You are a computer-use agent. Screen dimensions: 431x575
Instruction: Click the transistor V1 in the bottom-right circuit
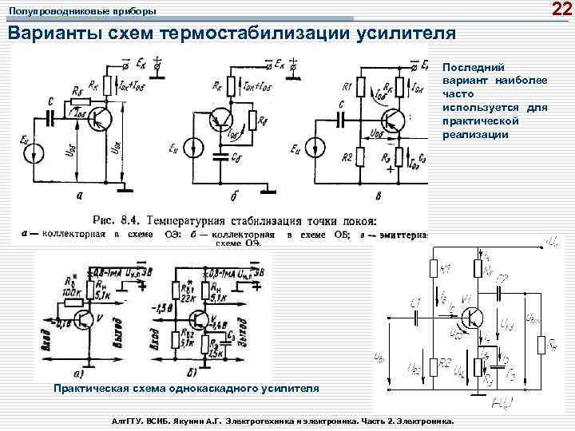coord(472,318)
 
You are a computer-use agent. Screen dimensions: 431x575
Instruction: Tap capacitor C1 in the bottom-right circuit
coord(416,315)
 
